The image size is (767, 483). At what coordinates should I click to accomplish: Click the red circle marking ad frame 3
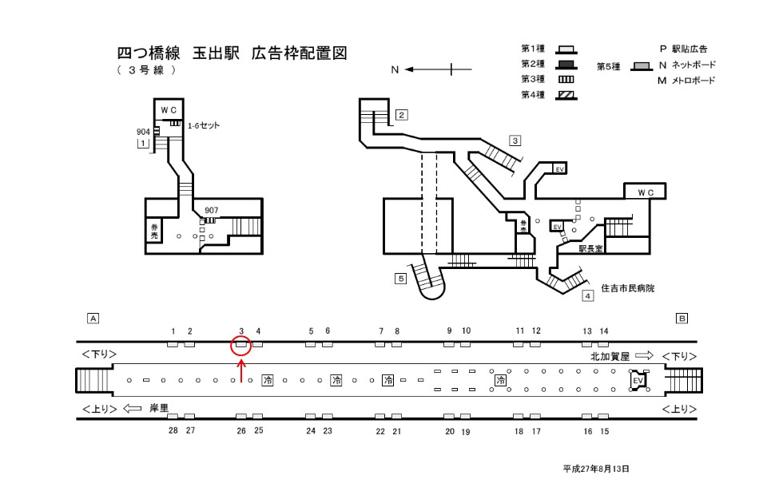[241, 346]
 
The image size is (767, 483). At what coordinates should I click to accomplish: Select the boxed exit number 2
[402, 114]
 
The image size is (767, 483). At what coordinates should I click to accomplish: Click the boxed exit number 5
[400, 278]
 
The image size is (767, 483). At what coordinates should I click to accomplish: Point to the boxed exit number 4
[587, 296]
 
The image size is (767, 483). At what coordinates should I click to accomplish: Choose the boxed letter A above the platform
[93, 318]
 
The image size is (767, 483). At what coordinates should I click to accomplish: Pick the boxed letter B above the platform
[682, 318]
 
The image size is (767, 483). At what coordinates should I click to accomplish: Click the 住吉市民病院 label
[627, 287]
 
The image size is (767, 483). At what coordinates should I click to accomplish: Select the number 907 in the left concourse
[212, 211]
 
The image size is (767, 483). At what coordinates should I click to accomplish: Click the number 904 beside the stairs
[144, 132]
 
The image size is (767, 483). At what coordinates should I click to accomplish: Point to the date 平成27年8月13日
[596, 469]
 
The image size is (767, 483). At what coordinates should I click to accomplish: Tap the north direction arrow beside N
[428, 70]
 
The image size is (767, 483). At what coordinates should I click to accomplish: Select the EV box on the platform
[638, 381]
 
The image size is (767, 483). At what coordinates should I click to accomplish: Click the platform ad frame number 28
[173, 430]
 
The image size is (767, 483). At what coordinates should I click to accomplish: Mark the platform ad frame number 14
[604, 331]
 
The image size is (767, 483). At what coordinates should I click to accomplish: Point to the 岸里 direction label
[159, 408]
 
